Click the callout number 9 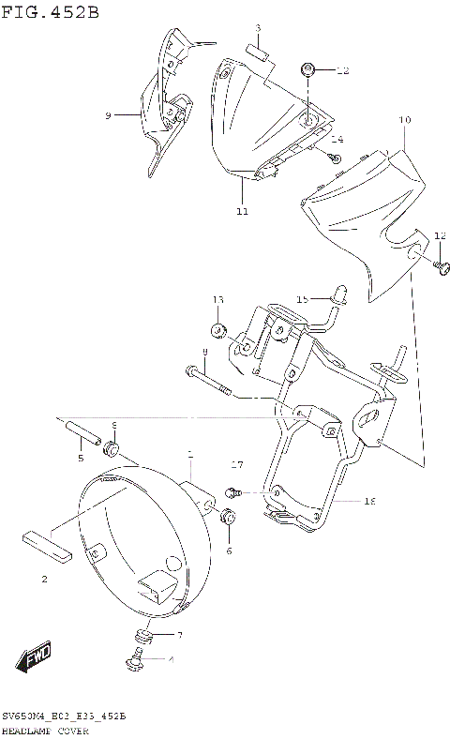click(x=109, y=115)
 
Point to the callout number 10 click(x=405, y=121)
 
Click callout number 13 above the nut click(x=217, y=300)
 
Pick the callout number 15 click(x=302, y=299)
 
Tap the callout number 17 click(x=237, y=464)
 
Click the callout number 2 click(x=44, y=580)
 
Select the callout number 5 click(x=81, y=458)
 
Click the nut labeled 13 click(x=218, y=330)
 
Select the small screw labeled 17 click(x=233, y=490)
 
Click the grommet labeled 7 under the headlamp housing click(x=143, y=637)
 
